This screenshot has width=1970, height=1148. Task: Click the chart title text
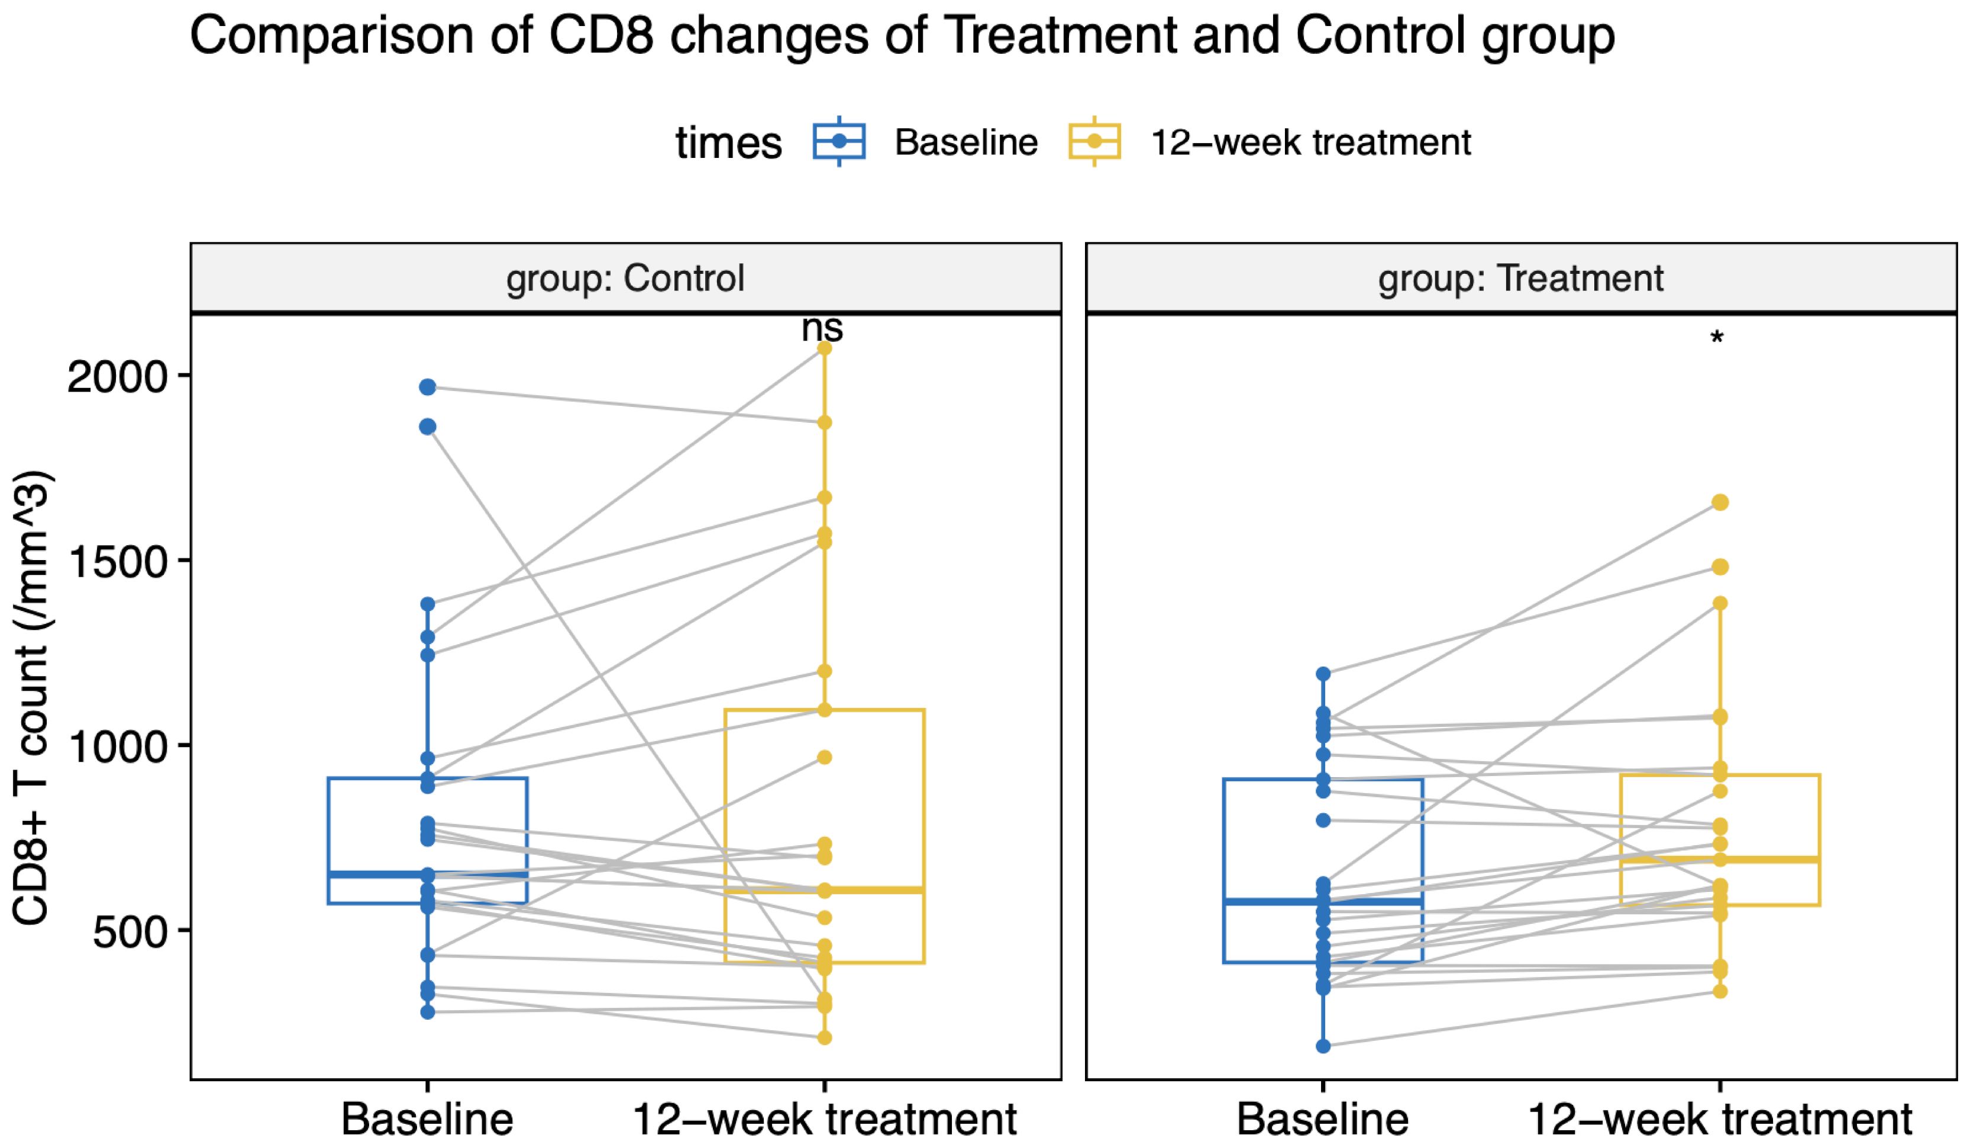pyautogui.click(x=903, y=37)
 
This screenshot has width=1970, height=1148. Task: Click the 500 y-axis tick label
pyautogui.click(x=131, y=932)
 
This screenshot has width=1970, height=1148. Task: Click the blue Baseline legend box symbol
pyautogui.click(x=839, y=141)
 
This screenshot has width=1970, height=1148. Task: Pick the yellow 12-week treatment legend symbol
pyautogui.click(x=1094, y=141)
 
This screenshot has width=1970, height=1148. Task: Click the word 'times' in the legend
pyautogui.click(x=729, y=143)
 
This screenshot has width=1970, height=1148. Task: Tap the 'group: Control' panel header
pyautogui.click(x=625, y=278)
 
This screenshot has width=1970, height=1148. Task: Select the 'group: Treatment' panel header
pyautogui.click(x=1520, y=278)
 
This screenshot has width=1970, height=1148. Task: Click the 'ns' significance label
pyautogui.click(x=822, y=329)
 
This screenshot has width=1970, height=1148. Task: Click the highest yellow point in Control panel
pyautogui.click(x=824, y=348)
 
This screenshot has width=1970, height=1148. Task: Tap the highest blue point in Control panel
pyautogui.click(x=428, y=387)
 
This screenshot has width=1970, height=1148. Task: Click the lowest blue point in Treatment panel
pyautogui.click(x=1323, y=1046)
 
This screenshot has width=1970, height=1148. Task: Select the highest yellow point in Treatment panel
pyautogui.click(x=1720, y=503)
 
